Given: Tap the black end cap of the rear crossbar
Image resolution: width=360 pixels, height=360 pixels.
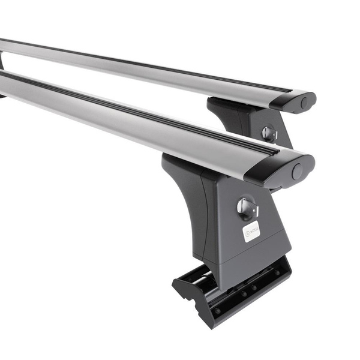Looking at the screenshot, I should tap(293, 100).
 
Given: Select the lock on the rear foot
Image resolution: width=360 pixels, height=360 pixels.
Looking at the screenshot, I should tap(268, 133).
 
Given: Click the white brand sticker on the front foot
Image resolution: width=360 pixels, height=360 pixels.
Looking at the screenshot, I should tap(251, 231).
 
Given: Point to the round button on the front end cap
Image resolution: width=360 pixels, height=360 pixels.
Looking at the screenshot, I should tap(297, 172).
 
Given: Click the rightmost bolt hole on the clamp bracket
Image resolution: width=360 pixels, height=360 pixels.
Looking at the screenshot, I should tap(277, 273).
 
